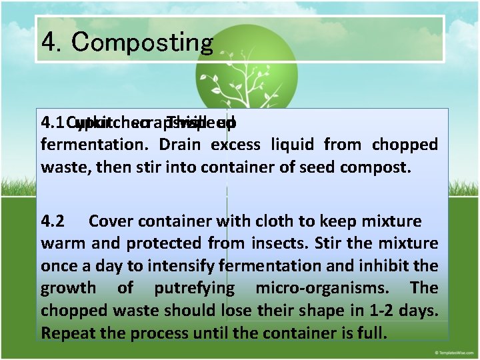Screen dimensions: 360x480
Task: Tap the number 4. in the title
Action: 51,42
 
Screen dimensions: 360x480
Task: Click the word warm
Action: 63,243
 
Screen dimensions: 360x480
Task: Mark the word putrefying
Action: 194,288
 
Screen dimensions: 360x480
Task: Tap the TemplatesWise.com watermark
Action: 453,351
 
